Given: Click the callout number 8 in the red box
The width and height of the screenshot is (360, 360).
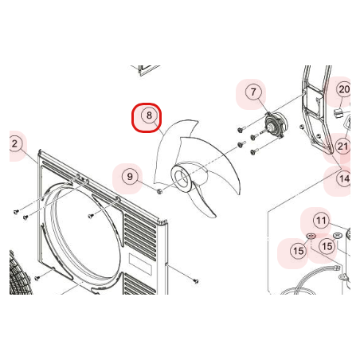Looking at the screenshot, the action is [x=149, y=115].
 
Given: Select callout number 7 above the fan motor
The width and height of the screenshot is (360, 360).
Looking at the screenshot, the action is [x=253, y=92].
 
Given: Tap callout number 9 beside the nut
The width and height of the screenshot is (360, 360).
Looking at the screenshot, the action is [x=130, y=177].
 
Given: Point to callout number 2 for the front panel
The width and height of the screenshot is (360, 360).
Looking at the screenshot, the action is [x=15, y=144].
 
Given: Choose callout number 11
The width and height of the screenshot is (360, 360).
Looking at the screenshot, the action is [x=321, y=221].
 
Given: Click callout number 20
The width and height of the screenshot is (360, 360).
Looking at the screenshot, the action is [x=344, y=89].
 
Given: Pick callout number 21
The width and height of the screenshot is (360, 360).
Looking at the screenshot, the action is [x=342, y=146].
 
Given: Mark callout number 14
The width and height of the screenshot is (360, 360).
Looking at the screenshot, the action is [x=344, y=178].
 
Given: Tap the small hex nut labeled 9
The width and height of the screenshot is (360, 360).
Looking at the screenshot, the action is [x=159, y=191].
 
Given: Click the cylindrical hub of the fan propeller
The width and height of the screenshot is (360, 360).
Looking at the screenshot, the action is [x=182, y=178].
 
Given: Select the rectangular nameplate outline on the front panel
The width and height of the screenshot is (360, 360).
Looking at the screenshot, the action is [x=140, y=264].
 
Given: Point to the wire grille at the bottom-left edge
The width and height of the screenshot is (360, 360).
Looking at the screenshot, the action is [x=20, y=273].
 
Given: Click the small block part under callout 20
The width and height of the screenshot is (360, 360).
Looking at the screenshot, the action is [x=338, y=112].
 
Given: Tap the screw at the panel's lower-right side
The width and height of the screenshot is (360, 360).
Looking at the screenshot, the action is [x=196, y=281].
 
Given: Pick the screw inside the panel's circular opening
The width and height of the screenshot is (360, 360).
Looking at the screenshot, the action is [x=91, y=216].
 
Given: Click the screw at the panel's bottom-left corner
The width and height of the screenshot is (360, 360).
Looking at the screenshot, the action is [x=37, y=278].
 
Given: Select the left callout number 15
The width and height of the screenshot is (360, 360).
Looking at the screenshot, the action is [x=298, y=251].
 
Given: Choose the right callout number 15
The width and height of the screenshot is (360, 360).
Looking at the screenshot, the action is [x=327, y=246].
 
